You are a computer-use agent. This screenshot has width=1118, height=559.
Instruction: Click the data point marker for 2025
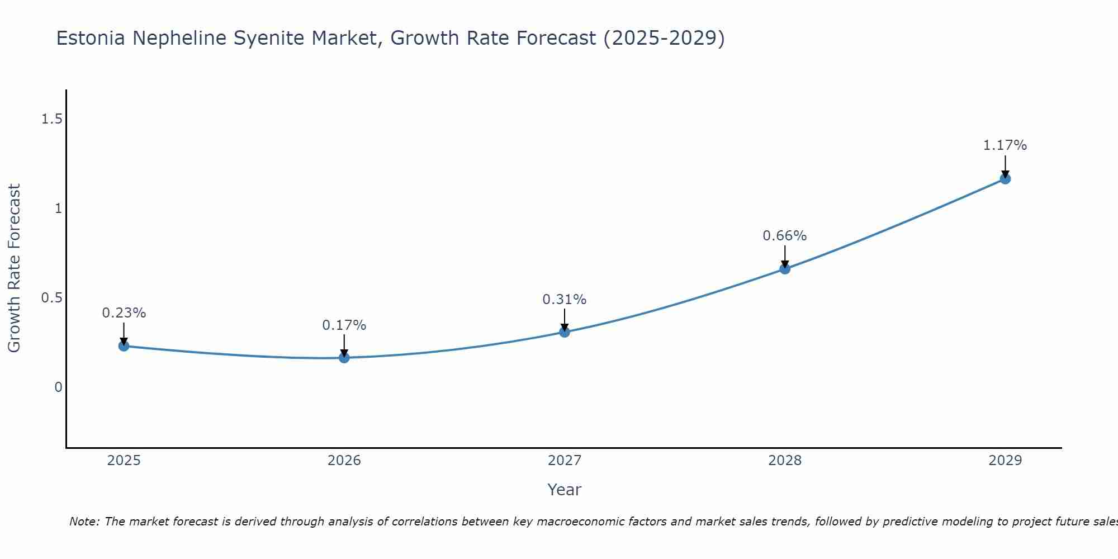coord(124,346)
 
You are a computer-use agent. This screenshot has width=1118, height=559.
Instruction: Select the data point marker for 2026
coord(344,358)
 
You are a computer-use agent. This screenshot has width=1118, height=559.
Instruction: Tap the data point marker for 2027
coord(565,332)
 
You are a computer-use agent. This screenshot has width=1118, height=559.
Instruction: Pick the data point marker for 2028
coord(785,269)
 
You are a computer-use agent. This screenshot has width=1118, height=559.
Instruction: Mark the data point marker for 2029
coord(1005,179)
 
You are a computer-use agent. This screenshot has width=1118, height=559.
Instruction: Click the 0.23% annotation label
coord(124,313)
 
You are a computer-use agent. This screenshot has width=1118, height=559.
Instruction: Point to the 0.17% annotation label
coord(344,325)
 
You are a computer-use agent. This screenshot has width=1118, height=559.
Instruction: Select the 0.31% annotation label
coord(565,300)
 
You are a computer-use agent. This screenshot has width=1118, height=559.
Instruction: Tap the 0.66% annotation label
coord(785,236)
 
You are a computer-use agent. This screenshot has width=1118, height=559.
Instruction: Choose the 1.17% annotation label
coord(1005,145)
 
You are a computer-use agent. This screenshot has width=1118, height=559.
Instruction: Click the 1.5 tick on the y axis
coord(52,119)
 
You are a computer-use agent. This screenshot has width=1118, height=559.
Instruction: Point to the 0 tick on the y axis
coord(58,387)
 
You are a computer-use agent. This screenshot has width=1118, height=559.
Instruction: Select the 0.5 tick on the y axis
coord(52,298)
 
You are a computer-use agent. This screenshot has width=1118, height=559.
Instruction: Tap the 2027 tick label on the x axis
coord(565,461)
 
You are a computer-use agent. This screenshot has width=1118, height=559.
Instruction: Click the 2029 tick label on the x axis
coord(1005,461)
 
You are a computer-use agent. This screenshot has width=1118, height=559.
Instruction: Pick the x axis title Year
coord(565,490)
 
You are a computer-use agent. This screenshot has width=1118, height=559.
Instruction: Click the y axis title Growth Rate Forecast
coord(15,268)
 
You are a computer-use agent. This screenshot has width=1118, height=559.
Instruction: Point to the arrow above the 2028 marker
coord(785,256)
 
